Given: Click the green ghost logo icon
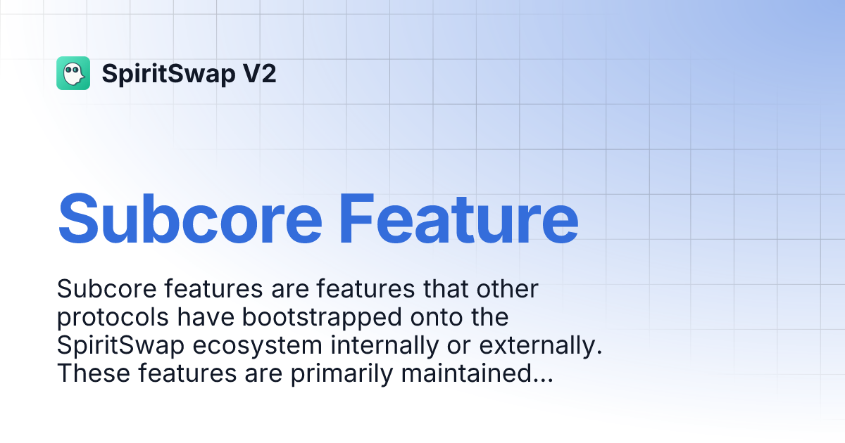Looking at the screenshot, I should coord(73,73).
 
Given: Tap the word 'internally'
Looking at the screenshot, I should coord(387,345).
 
